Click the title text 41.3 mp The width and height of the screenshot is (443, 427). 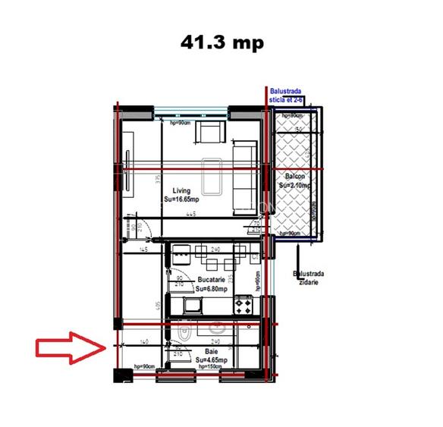click(x=221, y=43)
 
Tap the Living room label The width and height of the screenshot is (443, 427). click(x=181, y=191)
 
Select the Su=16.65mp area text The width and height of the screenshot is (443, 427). click(x=181, y=199)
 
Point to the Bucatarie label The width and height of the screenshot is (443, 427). click(x=209, y=280)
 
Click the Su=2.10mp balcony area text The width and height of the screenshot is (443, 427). click(x=293, y=184)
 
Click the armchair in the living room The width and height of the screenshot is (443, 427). click(x=209, y=133)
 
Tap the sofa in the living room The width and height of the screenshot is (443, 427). click(x=244, y=175)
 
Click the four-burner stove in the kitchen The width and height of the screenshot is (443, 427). click(x=244, y=306)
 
